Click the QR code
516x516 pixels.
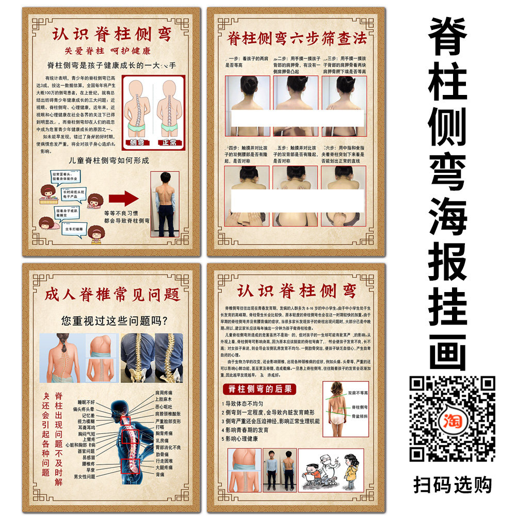click(x=453, y=418)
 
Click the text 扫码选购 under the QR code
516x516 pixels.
click(x=453, y=485)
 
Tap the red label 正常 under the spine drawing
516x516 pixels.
click(x=169, y=141)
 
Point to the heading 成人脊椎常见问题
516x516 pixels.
click(x=112, y=295)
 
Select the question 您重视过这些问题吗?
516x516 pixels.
click(x=114, y=321)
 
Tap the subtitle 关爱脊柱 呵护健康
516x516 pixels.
click(x=107, y=51)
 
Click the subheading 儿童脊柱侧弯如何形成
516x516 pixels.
click(x=109, y=160)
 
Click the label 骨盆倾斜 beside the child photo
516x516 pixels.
click(x=360, y=415)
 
